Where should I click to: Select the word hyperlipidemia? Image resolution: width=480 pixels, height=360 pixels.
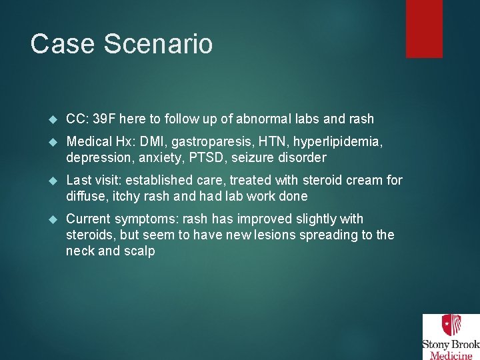338,142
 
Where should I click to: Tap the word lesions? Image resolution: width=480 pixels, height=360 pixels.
302,235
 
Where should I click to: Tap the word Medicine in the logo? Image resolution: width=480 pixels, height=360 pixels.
451,354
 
